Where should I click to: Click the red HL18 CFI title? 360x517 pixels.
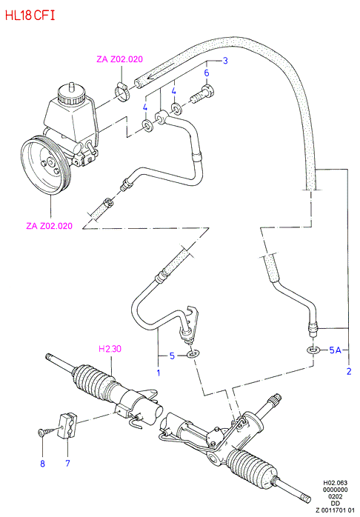click(x=30, y=16)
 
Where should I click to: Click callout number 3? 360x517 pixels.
click(x=225, y=60)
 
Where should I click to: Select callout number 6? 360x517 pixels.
click(x=207, y=73)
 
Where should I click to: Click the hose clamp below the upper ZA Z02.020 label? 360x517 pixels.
click(x=122, y=91)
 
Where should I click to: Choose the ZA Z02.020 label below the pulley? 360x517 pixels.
click(x=50, y=226)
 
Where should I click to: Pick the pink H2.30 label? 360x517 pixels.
click(x=110, y=348)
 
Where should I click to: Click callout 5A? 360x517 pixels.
click(x=335, y=350)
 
